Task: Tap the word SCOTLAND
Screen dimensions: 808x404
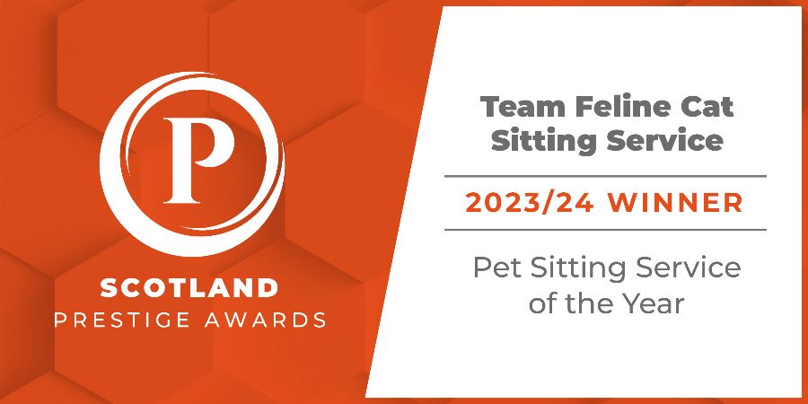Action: (x=189, y=287)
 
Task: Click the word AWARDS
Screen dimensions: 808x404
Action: (x=266, y=320)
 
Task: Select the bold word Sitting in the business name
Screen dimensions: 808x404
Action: (x=543, y=141)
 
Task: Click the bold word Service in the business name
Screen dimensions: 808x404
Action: (x=664, y=141)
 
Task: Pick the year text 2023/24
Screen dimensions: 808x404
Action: (x=530, y=203)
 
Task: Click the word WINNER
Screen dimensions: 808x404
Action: (x=675, y=203)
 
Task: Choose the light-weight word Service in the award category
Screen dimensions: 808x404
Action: (x=689, y=268)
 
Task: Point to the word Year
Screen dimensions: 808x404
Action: (x=656, y=303)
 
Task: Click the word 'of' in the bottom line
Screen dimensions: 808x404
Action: (x=541, y=303)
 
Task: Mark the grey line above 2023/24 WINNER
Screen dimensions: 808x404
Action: (x=605, y=176)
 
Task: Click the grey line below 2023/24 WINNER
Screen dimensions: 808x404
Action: (x=605, y=230)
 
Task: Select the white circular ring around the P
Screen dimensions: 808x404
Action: (x=103, y=164)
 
